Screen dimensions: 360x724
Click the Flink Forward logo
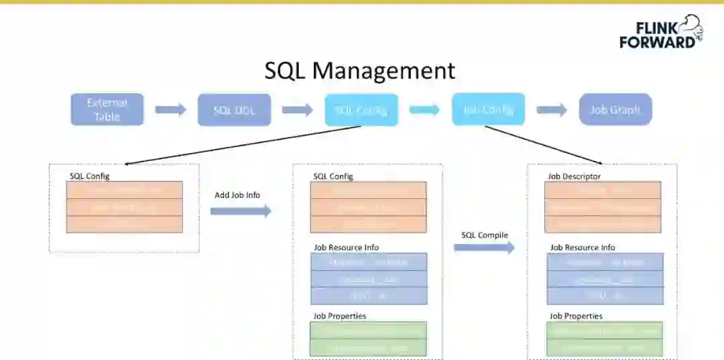coord(660,32)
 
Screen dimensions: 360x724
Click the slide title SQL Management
coord(359,70)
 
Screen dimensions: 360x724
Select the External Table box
coord(107,109)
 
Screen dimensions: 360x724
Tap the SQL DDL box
coord(234,110)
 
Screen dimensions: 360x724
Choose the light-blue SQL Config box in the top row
coord(361,110)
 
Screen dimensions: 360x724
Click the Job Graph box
coord(615,109)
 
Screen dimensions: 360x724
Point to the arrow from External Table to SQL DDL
coord(170,110)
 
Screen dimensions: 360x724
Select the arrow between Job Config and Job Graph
coord(552,110)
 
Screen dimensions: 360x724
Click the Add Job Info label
coord(237,195)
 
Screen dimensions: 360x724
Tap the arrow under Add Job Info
coord(240,211)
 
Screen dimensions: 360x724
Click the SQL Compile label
coord(485,235)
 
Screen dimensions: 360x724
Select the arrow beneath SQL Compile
coord(483,247)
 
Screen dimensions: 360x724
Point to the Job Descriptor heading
coord(574,176)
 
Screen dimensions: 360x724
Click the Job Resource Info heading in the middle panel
coord(346,247)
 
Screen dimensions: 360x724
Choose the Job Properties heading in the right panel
coord(576,316)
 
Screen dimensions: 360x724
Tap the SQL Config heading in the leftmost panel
coord(89,176)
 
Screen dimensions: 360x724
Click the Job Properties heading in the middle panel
coord(340,316)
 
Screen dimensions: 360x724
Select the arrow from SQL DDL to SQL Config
coord(298,110)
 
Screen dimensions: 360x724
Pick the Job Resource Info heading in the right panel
coord(582,247)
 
